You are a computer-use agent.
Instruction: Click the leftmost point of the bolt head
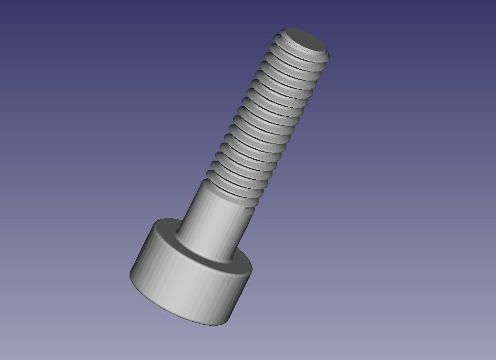point(130,275)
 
